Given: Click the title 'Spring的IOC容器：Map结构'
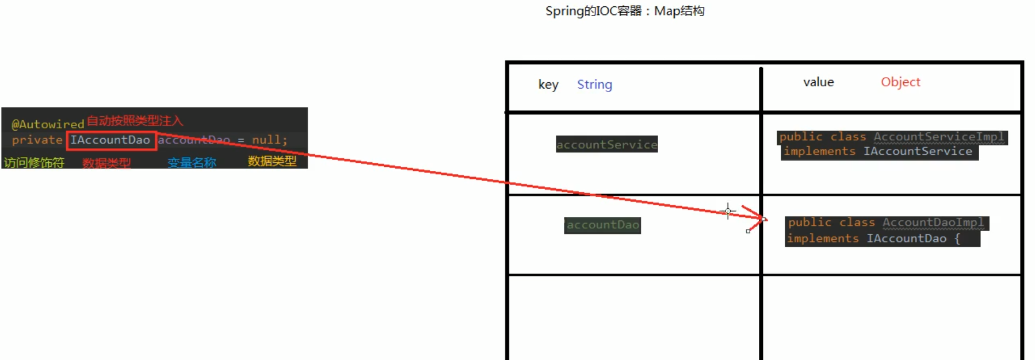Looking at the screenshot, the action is (625, 11).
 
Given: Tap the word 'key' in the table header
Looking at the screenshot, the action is (548, 85).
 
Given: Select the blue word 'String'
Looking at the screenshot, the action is (594, 85).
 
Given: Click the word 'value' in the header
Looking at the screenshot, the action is (818, 82).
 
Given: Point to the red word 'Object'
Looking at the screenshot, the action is (900, 82).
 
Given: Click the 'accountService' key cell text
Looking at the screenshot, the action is (606, 144).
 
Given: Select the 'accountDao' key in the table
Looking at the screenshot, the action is (602, 225).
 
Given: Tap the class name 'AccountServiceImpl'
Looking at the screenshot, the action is (938, 137).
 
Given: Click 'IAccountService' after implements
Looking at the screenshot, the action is (918, 151).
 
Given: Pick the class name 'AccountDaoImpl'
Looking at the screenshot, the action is (933, 223).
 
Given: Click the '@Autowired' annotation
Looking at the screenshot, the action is (48, 124).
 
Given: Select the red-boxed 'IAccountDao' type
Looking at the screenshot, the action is (110, 140).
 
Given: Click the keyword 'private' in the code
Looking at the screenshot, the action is (37, 140).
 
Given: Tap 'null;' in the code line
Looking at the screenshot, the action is (269, 140).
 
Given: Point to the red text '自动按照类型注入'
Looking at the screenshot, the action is (135, 121).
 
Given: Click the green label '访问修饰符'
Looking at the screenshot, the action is (34, 163).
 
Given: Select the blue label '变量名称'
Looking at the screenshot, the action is (192, 163).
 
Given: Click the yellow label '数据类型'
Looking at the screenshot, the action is (272, 161).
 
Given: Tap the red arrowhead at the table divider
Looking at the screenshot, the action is (761, 217).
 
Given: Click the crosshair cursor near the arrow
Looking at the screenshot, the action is (728, 211).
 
